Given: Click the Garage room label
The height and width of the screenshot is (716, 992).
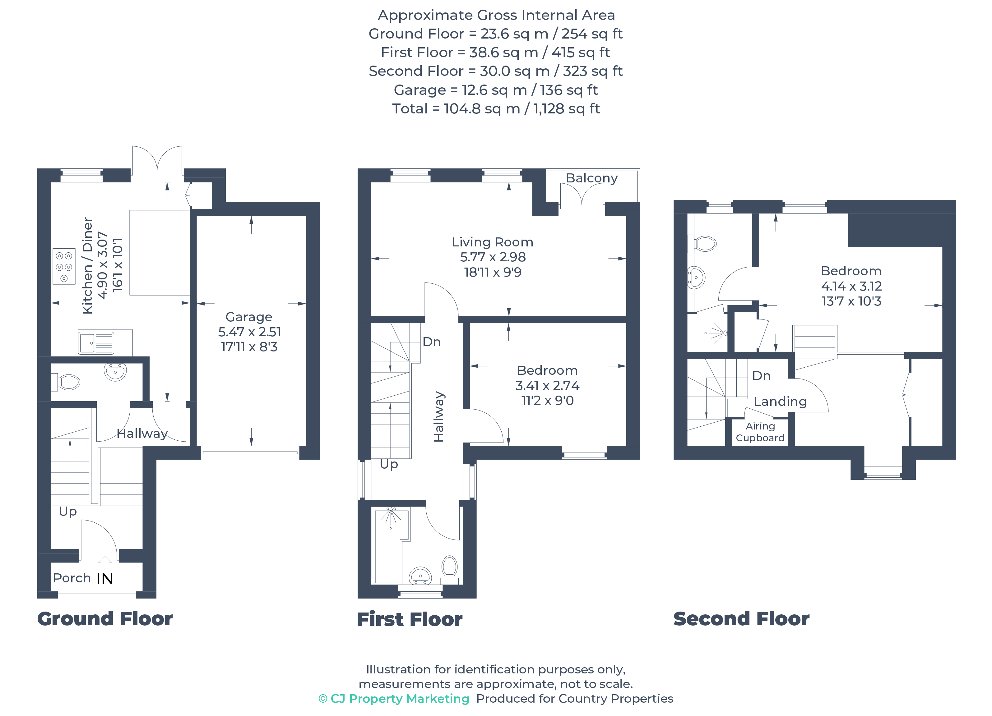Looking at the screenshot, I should point(248,317).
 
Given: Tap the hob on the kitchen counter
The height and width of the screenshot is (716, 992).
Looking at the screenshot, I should point(64,266).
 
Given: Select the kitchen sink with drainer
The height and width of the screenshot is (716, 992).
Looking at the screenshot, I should point(96,343).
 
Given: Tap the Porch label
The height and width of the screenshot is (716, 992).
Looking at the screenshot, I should point(72,578).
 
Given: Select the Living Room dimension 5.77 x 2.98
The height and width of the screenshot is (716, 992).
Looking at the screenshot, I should point(493,257).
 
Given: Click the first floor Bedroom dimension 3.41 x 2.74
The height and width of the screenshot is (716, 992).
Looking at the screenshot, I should point(547,386).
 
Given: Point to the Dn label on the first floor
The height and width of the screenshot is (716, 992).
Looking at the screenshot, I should point(431,342).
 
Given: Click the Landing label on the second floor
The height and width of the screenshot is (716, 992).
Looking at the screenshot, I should point(780,401).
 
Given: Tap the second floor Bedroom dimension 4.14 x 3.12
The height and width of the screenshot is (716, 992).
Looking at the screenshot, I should point(851,286).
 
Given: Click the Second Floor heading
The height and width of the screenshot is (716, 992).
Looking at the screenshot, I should point(741,619).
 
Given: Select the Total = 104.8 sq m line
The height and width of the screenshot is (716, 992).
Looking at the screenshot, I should point(496,108).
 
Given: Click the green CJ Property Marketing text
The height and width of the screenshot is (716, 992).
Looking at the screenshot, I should point(394,699).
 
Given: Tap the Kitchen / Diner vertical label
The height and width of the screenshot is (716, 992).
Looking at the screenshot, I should point(87,265).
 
